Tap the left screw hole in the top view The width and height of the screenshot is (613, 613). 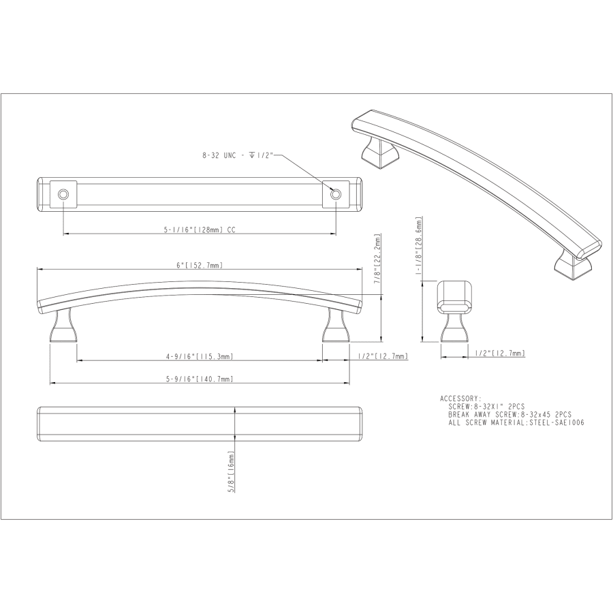(x=63, y=194)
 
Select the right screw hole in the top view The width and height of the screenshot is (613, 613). (x=335, y=194)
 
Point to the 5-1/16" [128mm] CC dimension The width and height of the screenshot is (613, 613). (x=200, y=230)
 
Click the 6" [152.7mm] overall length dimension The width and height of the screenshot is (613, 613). (x=200, y=266)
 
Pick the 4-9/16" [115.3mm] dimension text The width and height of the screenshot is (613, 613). (x=200, y=356)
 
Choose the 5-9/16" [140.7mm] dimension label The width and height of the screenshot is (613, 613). (x=200, y=379)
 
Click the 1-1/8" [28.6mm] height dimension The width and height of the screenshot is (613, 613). (x=419, y=246)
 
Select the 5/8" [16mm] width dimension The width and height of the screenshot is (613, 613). (x=231, y=471)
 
